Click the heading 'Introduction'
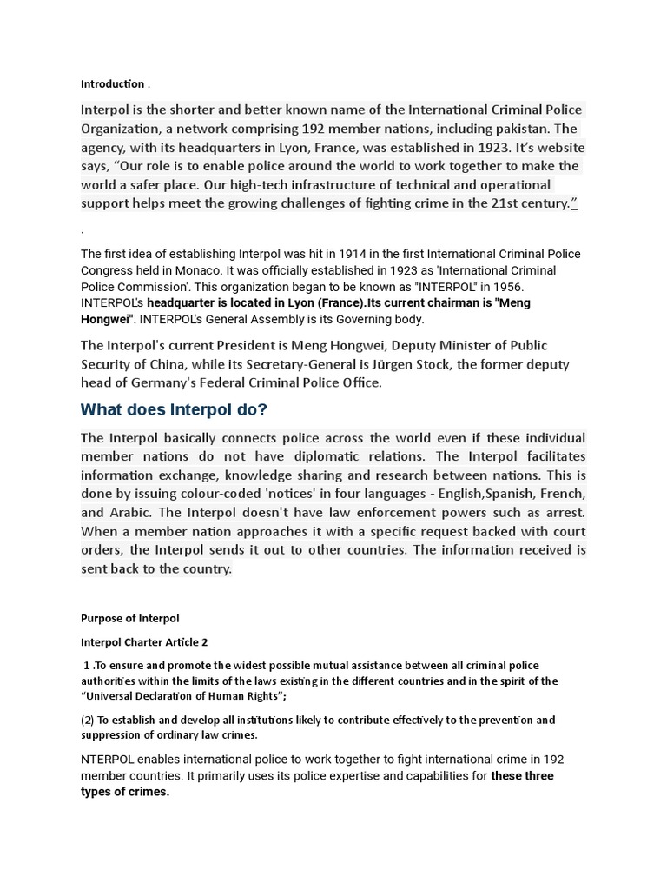pos(113,84)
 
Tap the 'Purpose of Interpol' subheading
pos(129,618)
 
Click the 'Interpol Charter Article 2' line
pos(144,642)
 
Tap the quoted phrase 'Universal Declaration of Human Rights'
pos(182,696)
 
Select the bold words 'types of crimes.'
pos(125,792)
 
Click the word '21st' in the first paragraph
pos(483,203)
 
